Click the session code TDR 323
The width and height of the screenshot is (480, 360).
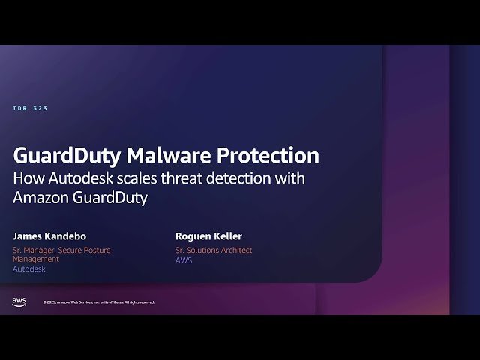[30, 109]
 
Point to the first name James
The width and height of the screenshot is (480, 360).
[31, 236]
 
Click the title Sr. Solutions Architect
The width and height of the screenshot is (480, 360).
[214, 250]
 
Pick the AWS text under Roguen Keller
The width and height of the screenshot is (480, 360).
[184, 260]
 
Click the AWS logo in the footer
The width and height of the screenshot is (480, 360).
[19, 301]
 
